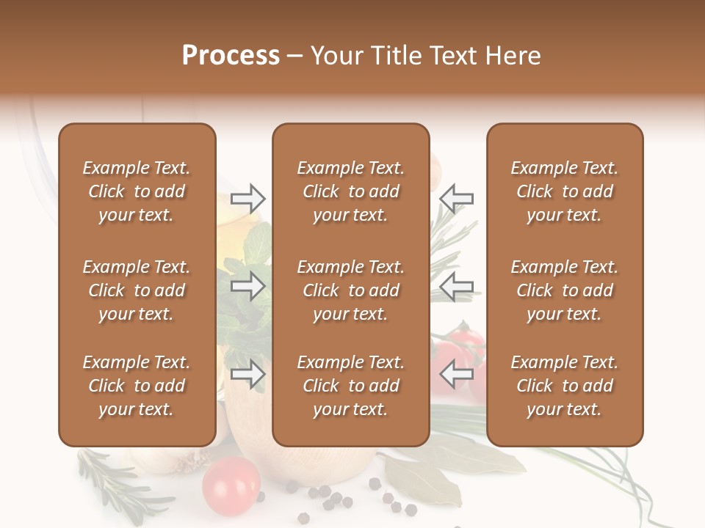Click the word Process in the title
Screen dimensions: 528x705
(x=231, y=56)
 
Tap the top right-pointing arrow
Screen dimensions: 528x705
(x=248, y=198)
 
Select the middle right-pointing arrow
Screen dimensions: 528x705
(x=248, y=286)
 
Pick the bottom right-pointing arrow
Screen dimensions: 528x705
(x=248, y=375)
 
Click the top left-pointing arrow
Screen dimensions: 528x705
(x=457, y=198)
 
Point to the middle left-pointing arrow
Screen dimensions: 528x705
(x=457, y=286)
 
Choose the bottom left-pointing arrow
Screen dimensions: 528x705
(x=457, y=375)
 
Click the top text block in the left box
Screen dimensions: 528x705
(x=137, y=191)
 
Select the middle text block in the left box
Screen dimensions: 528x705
(x=137, y=290)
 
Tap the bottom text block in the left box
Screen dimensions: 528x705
(x=137, y=386)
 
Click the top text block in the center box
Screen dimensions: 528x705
(x=350, y=191)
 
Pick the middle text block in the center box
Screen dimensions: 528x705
(x=350, y=290)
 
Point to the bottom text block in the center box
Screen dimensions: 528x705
(x=350, y=386)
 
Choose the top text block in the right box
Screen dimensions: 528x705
(x=564, y=191)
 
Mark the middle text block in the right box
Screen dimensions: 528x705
(x=564, y=290)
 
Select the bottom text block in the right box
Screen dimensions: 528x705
(x=564, y=386)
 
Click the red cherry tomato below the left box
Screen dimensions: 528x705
(x=231, y=485)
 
